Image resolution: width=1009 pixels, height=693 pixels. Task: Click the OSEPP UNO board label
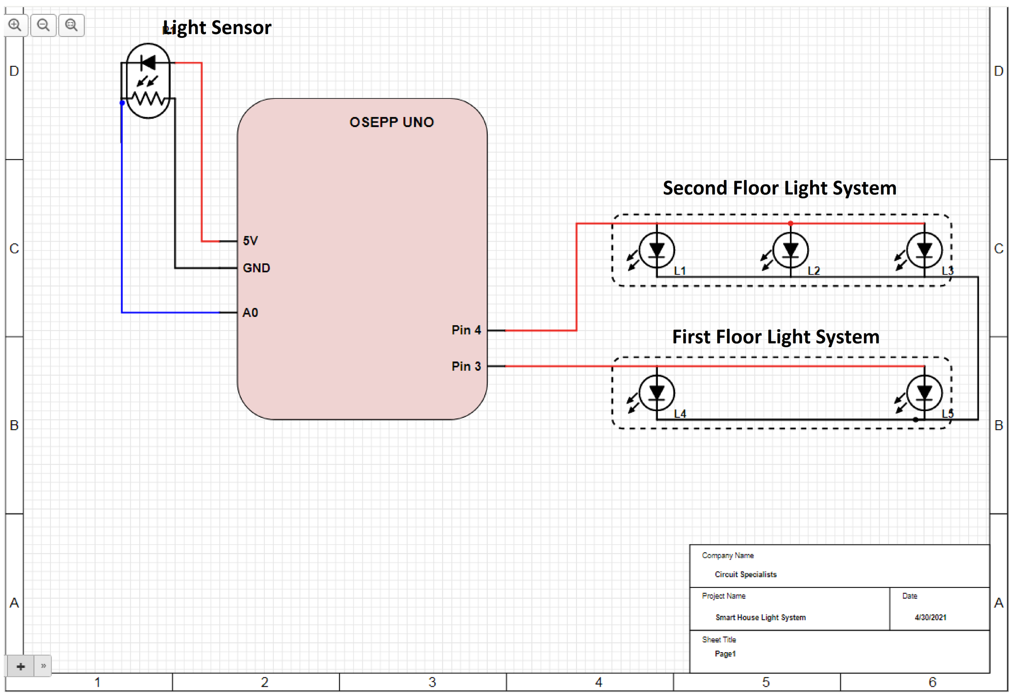point(391,122)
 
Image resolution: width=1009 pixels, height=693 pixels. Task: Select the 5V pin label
point(250,240)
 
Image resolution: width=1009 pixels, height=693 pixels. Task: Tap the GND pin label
point(256,268)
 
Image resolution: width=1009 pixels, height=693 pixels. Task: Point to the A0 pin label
point(250,313)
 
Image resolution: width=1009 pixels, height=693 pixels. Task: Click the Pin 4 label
point(466,330)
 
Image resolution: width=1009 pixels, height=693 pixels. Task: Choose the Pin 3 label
point(466,366)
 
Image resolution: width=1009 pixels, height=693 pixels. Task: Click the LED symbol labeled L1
point(656,250)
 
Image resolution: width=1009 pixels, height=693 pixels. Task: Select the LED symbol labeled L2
point(790,250)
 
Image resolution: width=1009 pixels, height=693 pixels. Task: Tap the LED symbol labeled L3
point(924,250)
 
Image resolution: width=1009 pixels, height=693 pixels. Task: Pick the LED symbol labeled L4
point(656,393)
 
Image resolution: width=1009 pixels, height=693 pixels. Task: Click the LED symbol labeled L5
point(924,393)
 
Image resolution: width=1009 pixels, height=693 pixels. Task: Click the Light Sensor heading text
point(217,28)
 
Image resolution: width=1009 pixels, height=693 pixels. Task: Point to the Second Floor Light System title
point(779,188)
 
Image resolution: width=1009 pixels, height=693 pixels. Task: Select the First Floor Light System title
point(776,337)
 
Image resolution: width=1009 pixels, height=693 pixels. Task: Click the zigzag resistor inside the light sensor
point(149,99)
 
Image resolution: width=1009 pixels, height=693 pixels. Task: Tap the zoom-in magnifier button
point(16,25)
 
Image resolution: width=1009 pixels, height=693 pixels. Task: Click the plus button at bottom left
point(21,666)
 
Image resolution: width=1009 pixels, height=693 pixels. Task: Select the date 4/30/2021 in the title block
point(930,617)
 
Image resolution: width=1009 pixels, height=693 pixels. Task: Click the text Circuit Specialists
point(745,574)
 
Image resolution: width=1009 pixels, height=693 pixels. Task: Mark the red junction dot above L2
point(790,224)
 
